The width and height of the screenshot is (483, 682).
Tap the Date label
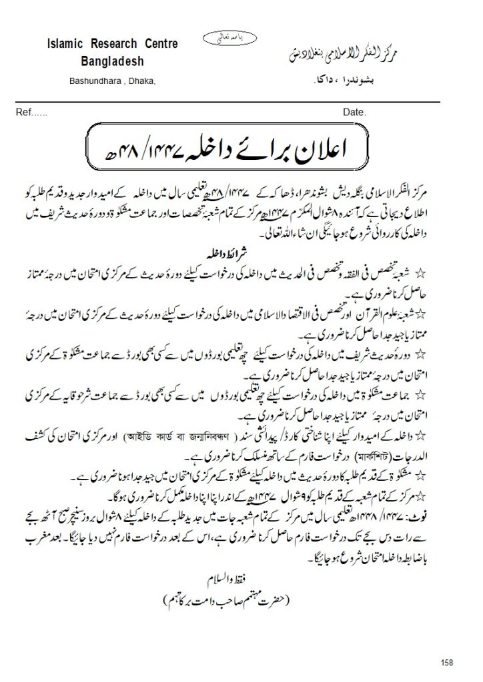point(354,113)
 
